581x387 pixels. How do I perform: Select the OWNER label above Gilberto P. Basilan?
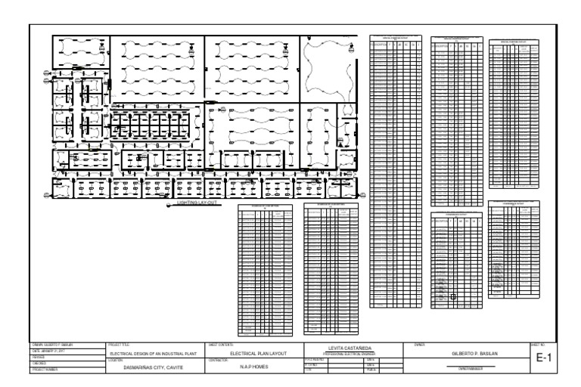pyautogui.click(x=419, y=345)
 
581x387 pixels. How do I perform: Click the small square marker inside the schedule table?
pyautogui.click(x=453, y=297)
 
